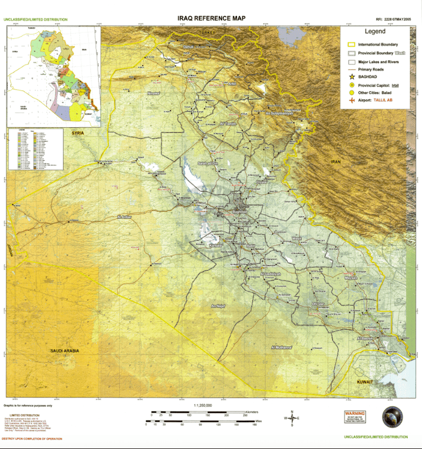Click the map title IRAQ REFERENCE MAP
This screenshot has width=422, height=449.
(x=211, y=18)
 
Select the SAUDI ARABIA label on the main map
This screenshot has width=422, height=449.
(x=64, y=351)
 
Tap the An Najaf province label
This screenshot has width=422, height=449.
(x=218, y=306)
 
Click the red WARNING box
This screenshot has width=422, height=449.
(x=355, y=417)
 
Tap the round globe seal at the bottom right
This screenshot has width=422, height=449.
(x=392, y=417)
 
